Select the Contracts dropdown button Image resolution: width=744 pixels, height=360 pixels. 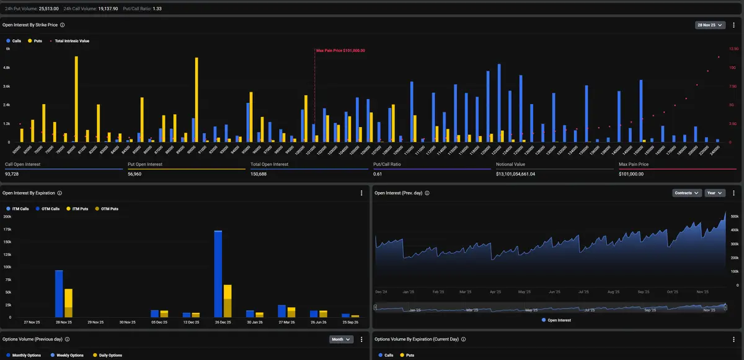tap(686, 193)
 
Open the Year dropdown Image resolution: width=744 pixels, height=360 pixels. tap(714, 193)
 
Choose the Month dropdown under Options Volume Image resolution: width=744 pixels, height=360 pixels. tap(341, 340)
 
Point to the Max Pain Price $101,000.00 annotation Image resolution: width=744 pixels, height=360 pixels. tap(340, 50)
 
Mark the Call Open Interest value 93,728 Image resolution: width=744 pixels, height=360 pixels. tap(12, 174)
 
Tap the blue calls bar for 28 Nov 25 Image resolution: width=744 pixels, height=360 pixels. tap(59, 294)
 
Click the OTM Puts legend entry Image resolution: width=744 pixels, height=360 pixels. tap(108, 209)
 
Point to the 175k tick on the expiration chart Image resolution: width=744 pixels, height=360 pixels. tap(7, 229)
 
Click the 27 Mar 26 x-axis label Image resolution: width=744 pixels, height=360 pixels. tap(286, 322)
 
